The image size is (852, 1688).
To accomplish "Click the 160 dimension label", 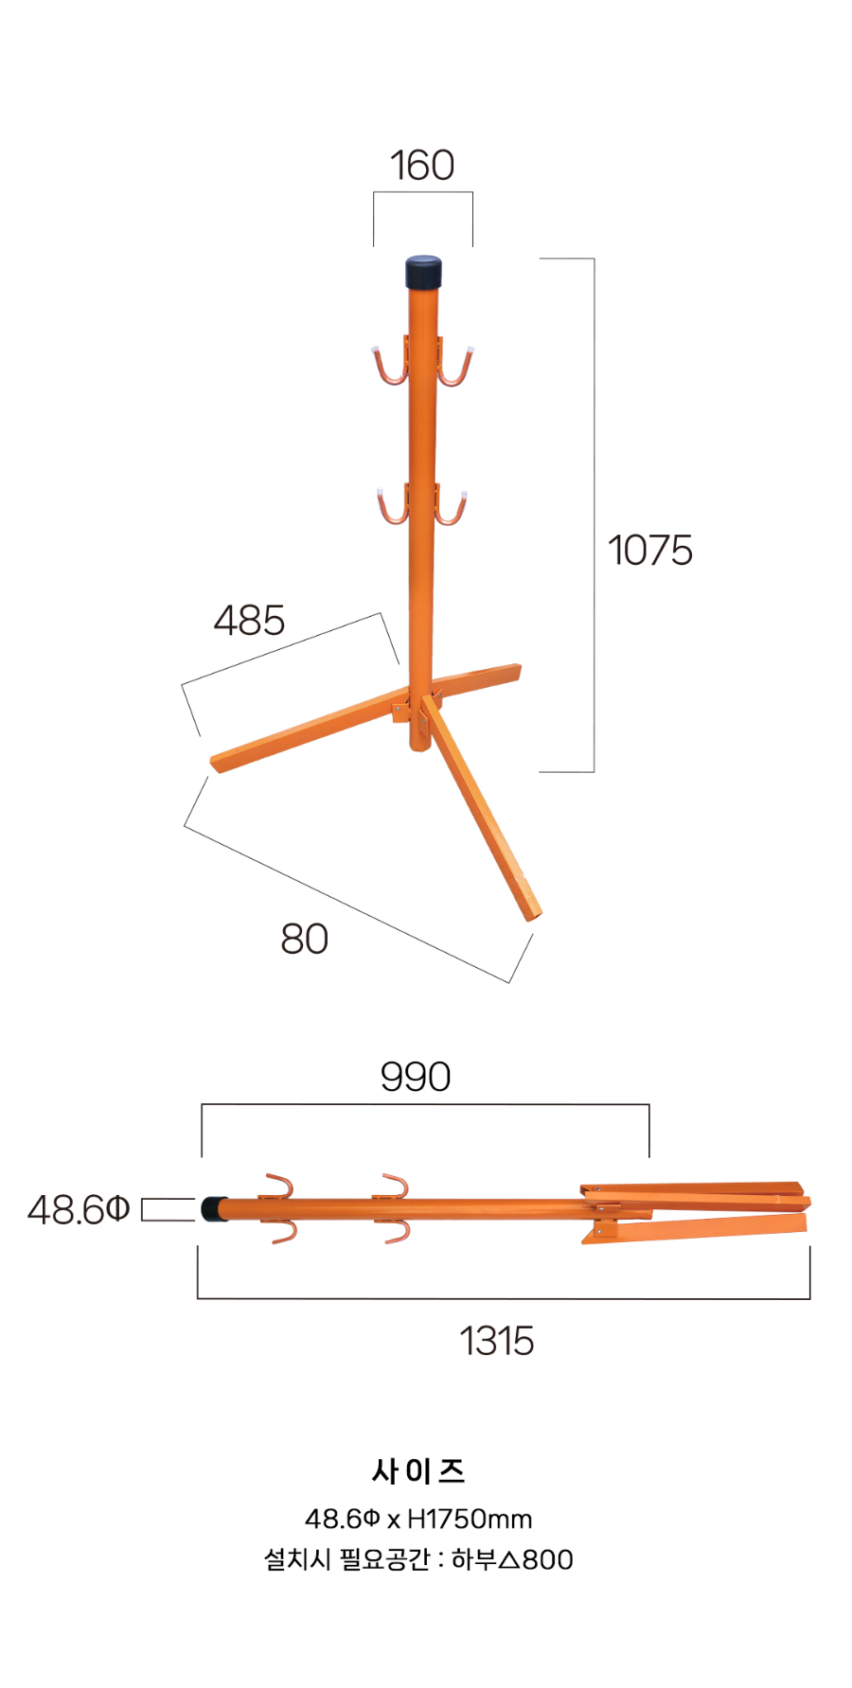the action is point(422,166).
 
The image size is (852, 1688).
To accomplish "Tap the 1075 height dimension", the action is point(649,550).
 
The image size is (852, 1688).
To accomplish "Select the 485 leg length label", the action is point(249,621).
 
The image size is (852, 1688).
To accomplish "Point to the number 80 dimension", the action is point(305,939).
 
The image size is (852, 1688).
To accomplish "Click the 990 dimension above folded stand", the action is point(416,1077).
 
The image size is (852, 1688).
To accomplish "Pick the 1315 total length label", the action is point(497,1341).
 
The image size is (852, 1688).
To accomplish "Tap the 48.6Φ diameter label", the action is point(79,1209).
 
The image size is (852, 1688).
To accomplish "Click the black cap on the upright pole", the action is point(424,272).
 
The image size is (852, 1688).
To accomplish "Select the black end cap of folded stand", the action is point(214,1208).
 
